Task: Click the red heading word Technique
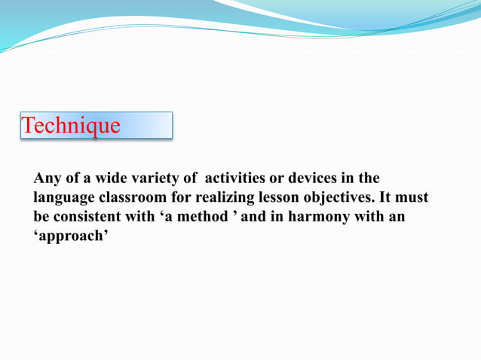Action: [71, 126]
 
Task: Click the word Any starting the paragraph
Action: [46, 178]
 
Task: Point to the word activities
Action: [237, 178]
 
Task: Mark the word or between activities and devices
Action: [278, 178]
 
